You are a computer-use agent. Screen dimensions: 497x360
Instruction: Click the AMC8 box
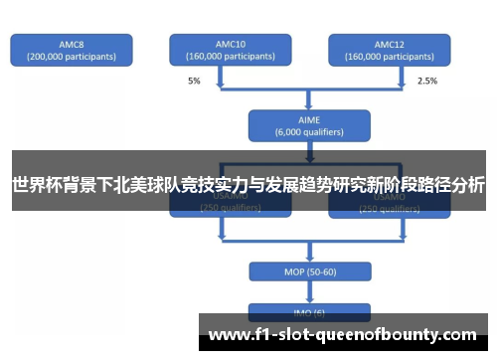[71, 50]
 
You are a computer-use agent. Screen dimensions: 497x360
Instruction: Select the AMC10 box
[230, 50]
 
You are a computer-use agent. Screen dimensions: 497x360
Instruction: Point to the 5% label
[193, 80]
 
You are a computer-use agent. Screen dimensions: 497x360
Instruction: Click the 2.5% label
[426, 80]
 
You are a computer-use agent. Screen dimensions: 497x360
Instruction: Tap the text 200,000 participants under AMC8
[71, 57]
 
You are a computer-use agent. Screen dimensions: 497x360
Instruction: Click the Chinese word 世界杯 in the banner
[36, 185]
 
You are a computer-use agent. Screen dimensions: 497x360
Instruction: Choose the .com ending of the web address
[459, 334]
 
